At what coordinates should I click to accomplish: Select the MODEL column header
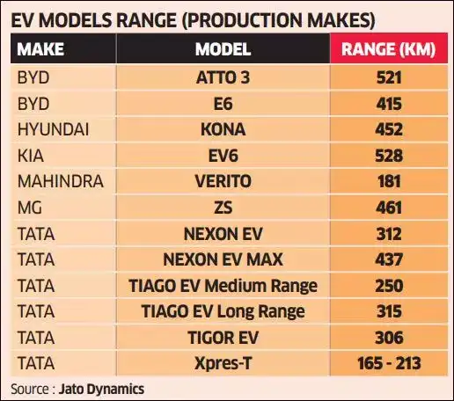pos(223,49)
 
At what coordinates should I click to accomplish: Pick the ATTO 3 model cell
pos(223,77)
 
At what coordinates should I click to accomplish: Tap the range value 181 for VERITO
pos(387,181)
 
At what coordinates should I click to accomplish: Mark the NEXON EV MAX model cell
pos(223,259)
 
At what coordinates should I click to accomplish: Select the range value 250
pos(387,285)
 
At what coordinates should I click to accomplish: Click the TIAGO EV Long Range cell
pos(223,310)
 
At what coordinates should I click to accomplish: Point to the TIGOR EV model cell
pos(223,337)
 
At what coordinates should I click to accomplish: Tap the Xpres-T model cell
pos(223,362)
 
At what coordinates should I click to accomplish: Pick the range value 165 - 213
pos(387,362)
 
